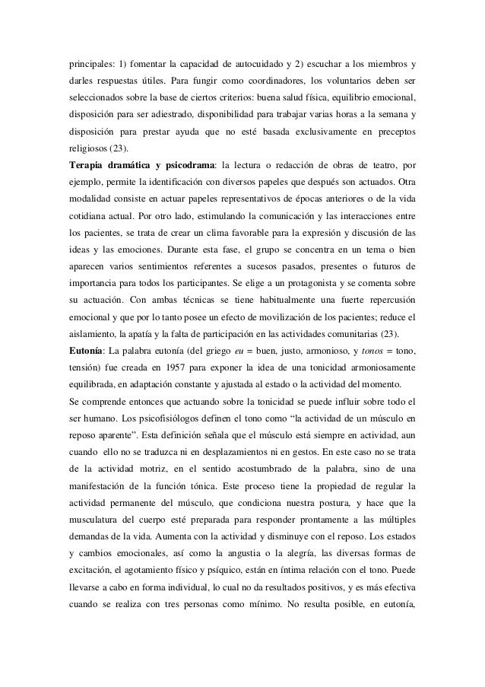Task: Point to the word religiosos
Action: pos(84,146)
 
